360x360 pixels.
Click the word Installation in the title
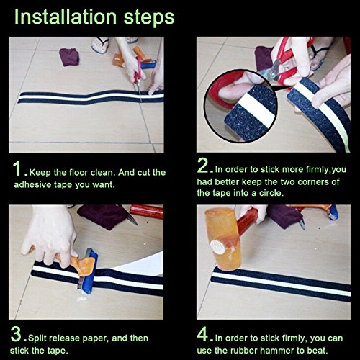(x=66, y=17)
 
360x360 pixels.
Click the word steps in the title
(x=149, y=18)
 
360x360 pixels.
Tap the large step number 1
(x=17, y=168)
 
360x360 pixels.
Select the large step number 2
(x=203, y=166)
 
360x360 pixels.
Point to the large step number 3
(x=16, y=334)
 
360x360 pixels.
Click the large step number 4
(x=203, y=334)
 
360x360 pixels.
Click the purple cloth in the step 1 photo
(x=69, y=57)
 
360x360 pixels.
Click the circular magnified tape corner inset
(x=240, y=106)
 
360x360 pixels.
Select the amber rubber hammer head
(x=223, y=239)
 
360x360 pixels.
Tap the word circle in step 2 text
(x=271, y=193)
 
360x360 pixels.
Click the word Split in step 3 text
(x=37, y=338)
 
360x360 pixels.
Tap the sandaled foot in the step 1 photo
(x=100, y=45)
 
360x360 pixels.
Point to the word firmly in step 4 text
(x=294, y=338)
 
